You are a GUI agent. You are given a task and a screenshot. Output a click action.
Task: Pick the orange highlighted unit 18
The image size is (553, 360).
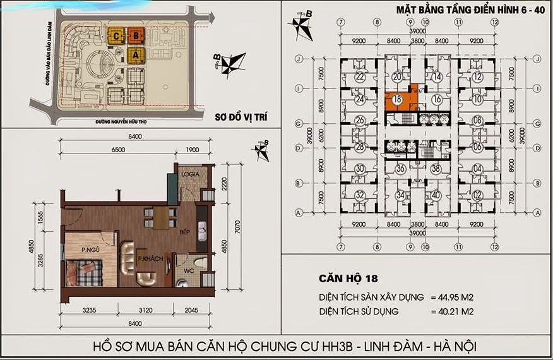click(x=397, y=100)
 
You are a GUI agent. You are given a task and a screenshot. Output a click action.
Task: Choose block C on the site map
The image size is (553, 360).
click(x=117, y=36)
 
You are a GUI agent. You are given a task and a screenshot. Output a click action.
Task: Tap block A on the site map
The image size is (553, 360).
click(x=134, y=55)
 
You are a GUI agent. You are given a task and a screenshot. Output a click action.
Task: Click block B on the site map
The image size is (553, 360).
click(x=135, y=36)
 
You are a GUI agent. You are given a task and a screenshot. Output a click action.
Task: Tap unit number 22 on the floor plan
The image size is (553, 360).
click(x=359, y=77)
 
